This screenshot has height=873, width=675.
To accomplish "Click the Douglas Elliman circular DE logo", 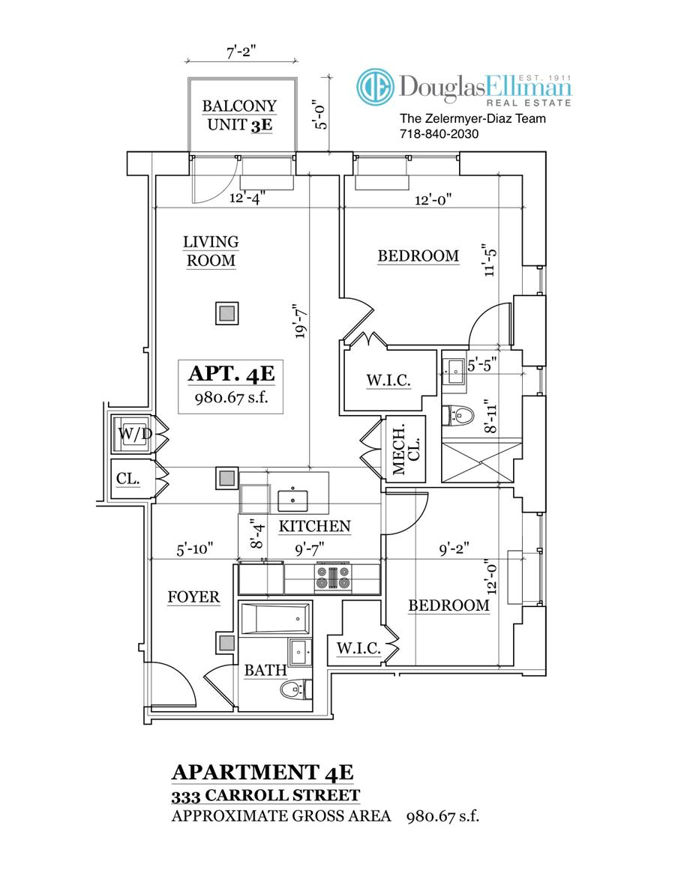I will click(x=375, y=88).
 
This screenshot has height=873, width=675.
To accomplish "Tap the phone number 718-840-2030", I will click(x=439, y=133).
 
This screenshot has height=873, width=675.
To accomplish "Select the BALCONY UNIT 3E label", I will click(x=239, y=116).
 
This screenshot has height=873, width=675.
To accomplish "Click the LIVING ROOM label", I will click(x=211, y=252).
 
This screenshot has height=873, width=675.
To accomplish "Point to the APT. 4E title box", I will click(x=223, y=383).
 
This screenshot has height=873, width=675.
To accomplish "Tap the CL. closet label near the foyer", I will click(x=128, y=478).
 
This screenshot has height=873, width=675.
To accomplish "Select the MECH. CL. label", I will click(x=406, y=450).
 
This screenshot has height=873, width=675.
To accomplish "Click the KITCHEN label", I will click(x=314, y=526).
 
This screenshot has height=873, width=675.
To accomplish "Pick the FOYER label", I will click(x=193, y=597).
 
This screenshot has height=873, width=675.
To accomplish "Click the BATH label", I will click(x=259, y=670).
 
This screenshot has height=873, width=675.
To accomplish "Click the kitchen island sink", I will click(x=292, y=498).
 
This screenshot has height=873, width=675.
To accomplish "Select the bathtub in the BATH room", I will click(x=274, y=619).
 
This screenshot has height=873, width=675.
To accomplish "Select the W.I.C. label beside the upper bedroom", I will click(x=388, y=381).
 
